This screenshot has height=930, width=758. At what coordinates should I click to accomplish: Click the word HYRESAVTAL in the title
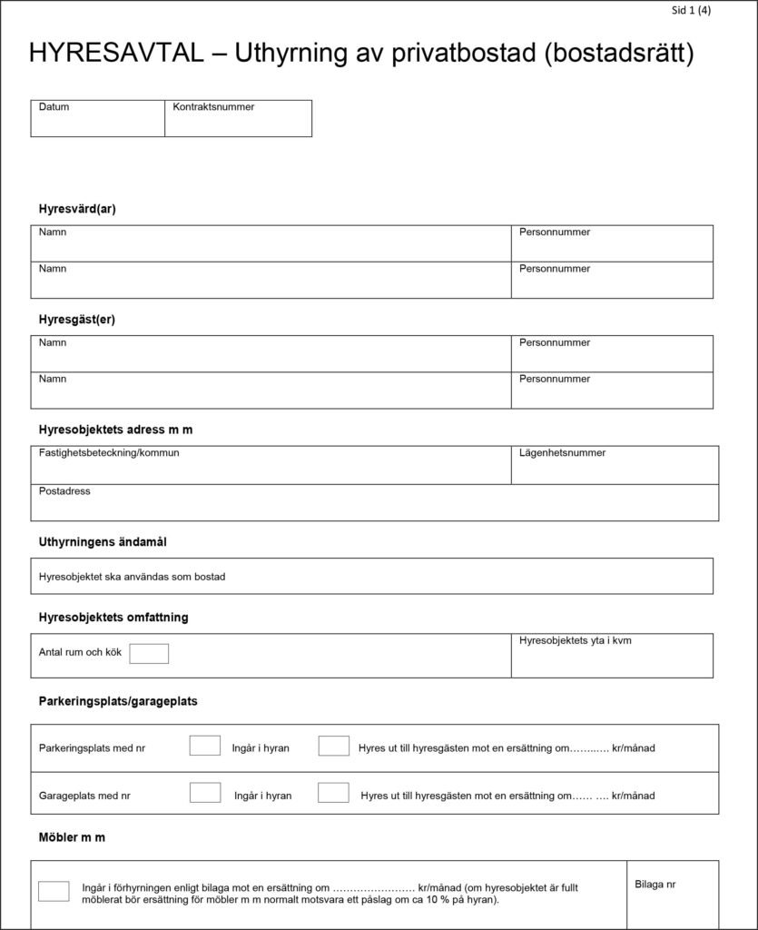coord(116,54)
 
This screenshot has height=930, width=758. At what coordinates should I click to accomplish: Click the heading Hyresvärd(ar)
coord(77,209)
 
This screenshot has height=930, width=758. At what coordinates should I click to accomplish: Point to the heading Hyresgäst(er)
coord(77,320)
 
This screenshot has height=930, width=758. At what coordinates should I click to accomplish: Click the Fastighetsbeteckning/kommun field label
coord(109,452)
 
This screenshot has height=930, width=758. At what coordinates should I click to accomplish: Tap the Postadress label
coord(64,491)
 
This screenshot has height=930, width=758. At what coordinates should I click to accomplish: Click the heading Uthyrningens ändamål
coord(103,542)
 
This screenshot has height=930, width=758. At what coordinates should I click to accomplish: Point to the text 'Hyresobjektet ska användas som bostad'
coord(133,577)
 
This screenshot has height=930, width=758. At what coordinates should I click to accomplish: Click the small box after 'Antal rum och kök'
coord(149,653)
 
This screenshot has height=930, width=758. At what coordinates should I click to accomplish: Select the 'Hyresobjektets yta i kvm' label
coord(576,641)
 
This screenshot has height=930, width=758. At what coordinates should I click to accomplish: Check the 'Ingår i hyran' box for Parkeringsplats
coord(205,746)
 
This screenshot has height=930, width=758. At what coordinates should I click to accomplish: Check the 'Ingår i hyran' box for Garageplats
coord(205,793)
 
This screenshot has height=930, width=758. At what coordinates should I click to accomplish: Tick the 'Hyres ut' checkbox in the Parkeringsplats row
coord(333,746)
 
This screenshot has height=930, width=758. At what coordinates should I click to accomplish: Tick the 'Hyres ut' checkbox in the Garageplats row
coord(333,793)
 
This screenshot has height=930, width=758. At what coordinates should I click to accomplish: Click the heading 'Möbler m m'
coord(72,837)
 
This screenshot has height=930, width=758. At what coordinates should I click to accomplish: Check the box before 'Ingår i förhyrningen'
coord(54,891)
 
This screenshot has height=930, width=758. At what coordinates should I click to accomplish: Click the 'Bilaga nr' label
coord(655,885)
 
